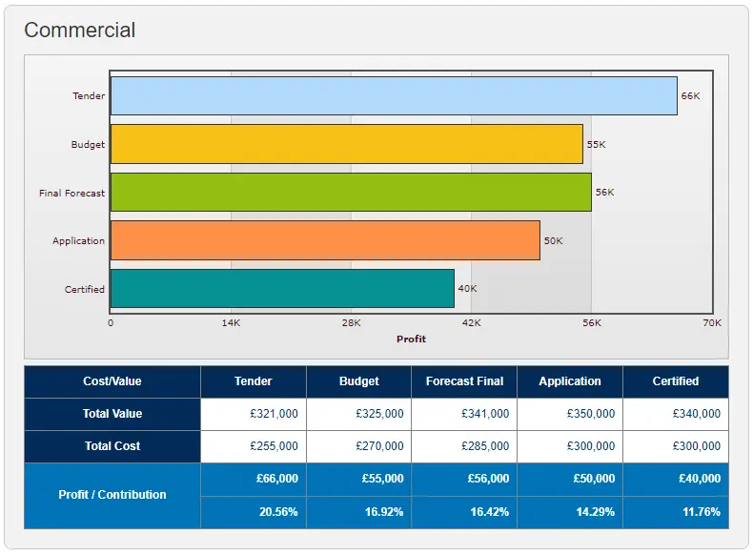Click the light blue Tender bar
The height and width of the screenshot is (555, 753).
pos(394,96)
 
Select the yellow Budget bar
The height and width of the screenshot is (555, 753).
pos(347,144)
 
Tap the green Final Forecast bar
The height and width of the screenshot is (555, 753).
pos(351,192)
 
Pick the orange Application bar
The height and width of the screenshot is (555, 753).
pos(325,240)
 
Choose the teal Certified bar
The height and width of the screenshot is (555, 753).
pos(282,289)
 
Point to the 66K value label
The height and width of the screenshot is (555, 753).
pos(690,96)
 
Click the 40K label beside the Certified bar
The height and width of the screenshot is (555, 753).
pos(467,289)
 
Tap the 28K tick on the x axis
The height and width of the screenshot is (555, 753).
pos(351,323)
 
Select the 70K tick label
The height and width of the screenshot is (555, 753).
pos(712,323)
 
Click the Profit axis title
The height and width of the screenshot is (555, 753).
pos(411,339)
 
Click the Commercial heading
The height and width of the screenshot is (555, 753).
pos(80,31)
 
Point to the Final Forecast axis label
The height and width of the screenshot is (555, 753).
pos(71,193)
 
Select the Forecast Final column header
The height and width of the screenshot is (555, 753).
pos(464,381)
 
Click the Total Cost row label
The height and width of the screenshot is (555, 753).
pos(112,446)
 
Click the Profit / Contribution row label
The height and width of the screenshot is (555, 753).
pos(112,495)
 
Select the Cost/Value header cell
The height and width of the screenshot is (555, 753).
pos(112,381)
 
